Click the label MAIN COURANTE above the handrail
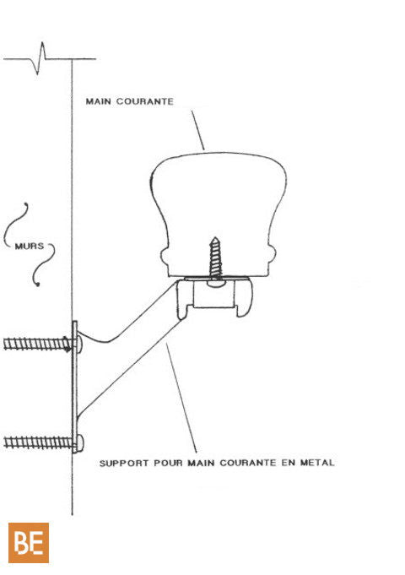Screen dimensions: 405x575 click(129, 101)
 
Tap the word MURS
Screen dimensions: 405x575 click(30, 246)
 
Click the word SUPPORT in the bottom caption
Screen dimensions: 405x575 click(124, 464)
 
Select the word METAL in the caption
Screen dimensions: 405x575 click(317, 463)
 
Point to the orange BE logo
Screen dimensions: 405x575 click(29, 543)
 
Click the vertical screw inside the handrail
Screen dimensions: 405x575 click(215, 259)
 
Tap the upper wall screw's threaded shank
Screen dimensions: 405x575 click(37, 344)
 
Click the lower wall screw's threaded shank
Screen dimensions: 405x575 click(38, 442)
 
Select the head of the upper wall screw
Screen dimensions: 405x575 click(79, 344)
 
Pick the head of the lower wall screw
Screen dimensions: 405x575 click(81, 443)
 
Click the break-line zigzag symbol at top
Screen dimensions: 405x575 click(40, 58)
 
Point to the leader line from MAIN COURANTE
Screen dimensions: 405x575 click(198, 130)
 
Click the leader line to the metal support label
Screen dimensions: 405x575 click(181, 398)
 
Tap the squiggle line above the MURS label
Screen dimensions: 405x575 click(16, 224)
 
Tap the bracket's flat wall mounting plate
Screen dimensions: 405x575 click(75, 387)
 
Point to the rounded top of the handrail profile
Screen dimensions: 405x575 click(219, 157)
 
